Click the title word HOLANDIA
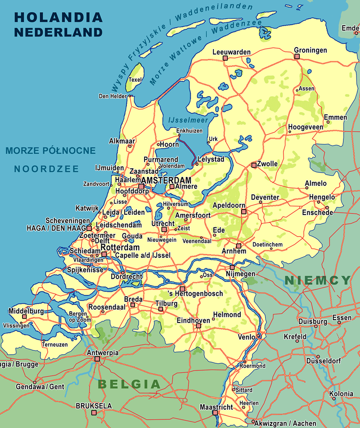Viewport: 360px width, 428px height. click(58, 18)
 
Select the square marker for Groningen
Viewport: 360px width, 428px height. click(297, 56)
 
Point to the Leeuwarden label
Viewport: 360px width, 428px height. click(231, 52)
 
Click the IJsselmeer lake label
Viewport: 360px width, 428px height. click(181, 120)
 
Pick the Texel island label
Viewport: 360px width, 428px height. click(135, 80)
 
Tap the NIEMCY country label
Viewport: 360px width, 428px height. click(317, 281)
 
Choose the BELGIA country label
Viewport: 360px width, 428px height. click(129, 384)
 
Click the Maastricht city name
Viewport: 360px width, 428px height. click(216, 407)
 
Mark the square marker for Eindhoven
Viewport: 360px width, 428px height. click(198, 325)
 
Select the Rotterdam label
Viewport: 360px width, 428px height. click(120, 248)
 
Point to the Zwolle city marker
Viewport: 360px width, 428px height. click(254, 165)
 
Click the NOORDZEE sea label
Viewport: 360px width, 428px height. click(46, 169)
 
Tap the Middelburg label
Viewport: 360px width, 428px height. click(26, 311)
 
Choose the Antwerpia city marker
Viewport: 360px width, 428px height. click(97, 359)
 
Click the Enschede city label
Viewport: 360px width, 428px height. click(318, 212)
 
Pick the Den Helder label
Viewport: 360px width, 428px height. click(112, 96)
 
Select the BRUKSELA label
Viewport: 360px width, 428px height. click(94, 406)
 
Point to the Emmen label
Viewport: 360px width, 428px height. click(335, 118)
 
